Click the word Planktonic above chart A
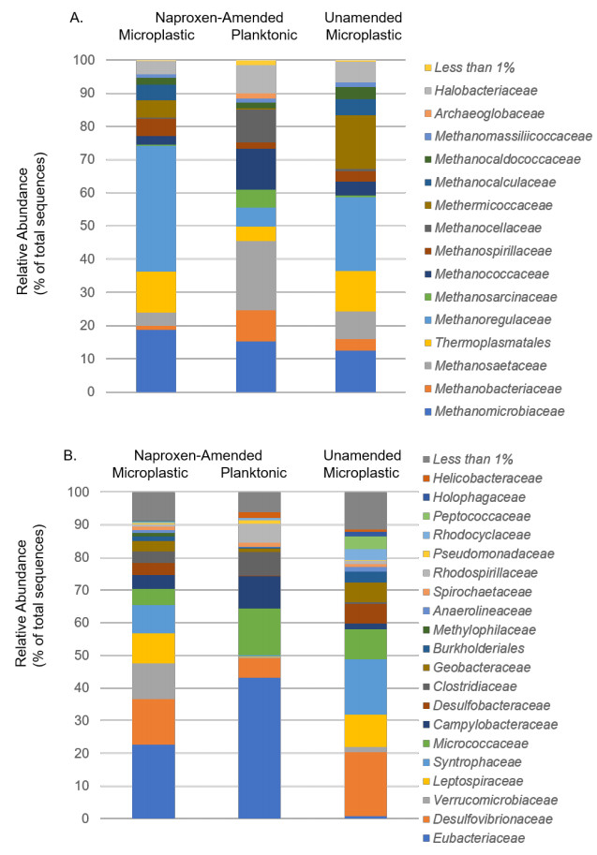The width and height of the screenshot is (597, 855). pyautogui.click(x=262, y=36)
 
